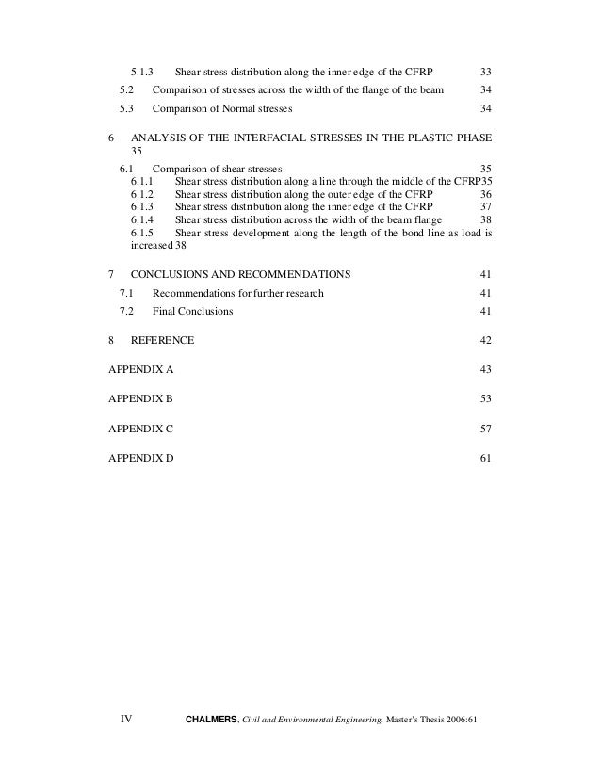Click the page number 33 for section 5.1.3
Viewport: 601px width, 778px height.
pos(486,72)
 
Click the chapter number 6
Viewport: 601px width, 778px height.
pos(112,138)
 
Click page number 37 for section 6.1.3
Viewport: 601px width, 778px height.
pos(486,205)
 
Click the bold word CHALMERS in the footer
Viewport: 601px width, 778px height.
pos(213,721)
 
